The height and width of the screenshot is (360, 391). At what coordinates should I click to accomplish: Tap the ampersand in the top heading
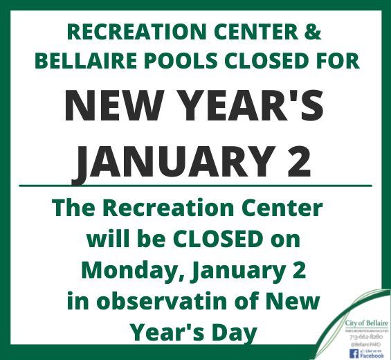pos(313,33)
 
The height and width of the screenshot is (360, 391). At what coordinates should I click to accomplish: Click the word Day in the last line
pos(233,334)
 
